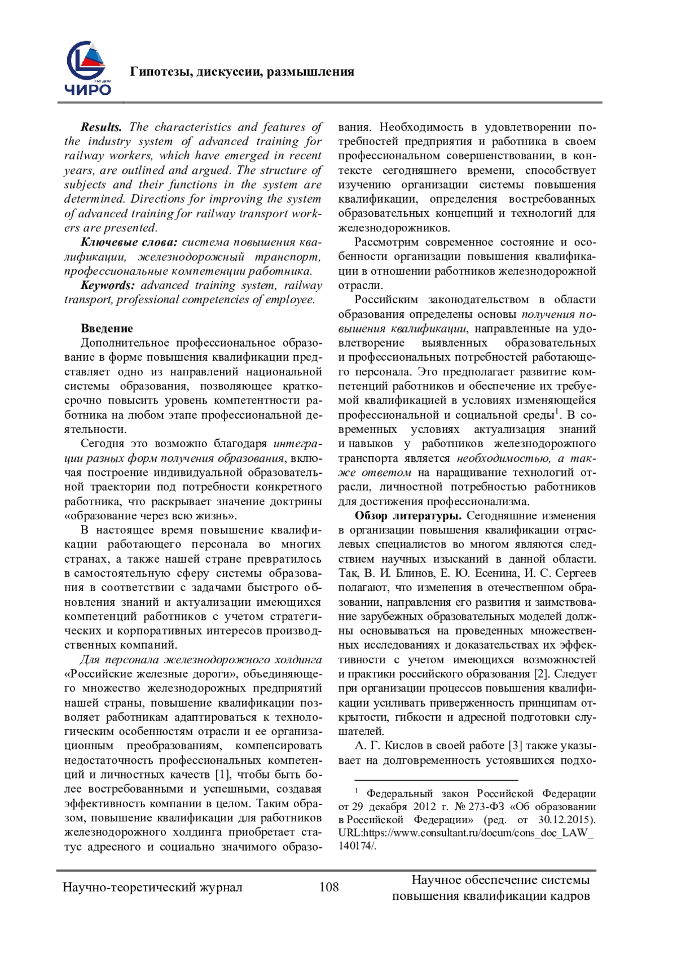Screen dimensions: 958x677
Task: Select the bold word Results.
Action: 102,127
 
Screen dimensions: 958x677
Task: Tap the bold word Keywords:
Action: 108,285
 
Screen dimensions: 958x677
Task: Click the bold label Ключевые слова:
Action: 129,242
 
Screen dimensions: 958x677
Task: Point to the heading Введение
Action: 107,329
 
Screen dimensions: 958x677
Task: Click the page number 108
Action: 329,887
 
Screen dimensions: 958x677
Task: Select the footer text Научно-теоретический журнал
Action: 152,887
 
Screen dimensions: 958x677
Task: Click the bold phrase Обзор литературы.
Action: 408,515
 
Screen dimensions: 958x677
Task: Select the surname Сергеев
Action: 575,573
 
